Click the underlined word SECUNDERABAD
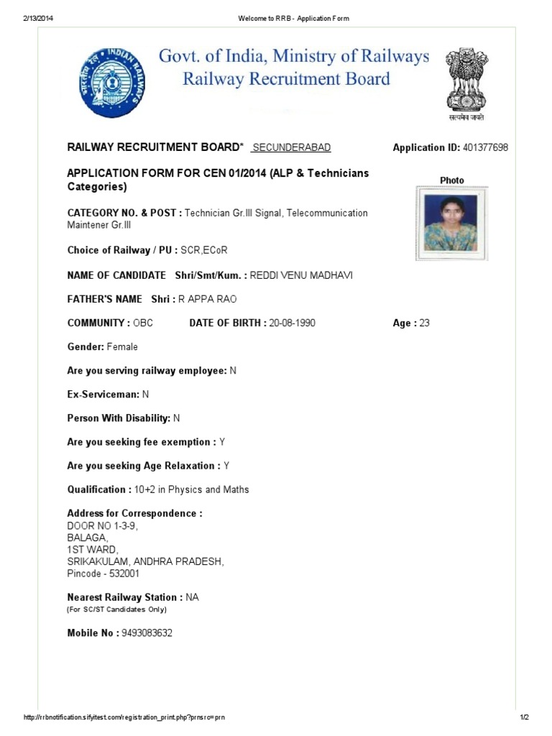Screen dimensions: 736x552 tap(293, 147)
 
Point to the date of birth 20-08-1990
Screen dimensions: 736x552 tap(292, 323)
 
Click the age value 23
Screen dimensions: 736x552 tap(424, 323)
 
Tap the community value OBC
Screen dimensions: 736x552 tap(143, 323)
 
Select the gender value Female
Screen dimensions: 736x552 tap(122, 347)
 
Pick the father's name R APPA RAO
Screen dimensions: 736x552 tap(212, 300)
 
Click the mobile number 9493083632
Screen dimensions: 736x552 tap(147, 633)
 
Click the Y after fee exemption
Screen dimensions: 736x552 tap(222, 442)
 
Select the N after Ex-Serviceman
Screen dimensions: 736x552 tap(145, 395)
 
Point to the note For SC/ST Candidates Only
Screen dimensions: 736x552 tap(116, 609)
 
